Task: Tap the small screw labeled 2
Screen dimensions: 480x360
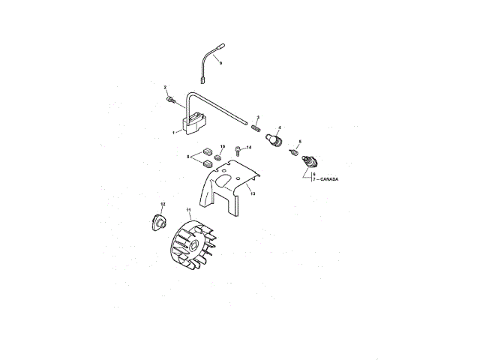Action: point(171,98)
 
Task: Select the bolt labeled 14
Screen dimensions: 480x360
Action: point(238,150)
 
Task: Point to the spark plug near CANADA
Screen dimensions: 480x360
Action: point(307,160)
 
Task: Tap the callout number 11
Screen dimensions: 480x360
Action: point(188,210)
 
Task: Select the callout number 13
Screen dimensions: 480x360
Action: point(253,193)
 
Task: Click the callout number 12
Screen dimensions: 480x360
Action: point(163,204)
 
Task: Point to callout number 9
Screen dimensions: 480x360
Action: point(220,62)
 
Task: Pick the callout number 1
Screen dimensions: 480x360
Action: point(173,133)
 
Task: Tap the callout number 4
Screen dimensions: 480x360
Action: point(279,127)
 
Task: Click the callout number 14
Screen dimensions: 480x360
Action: point(249,147)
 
